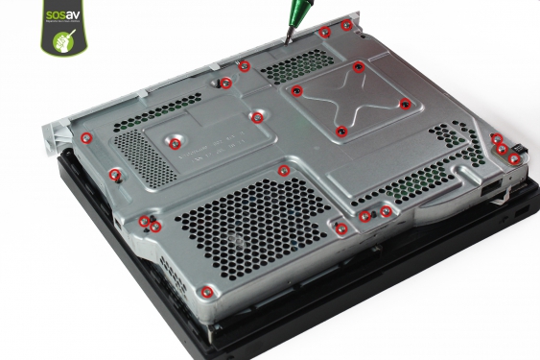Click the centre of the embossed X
tap(350, 98)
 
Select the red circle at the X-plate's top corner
tap(358, 66)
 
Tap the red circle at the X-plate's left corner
tap(297, 91)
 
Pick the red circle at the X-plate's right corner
tap(405, 104)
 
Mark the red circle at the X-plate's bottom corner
tap(340, 131)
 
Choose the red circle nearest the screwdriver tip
tap(324, 32)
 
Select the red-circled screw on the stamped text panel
tap(176, 143)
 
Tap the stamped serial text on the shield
tap(206, 149)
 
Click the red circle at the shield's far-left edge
tap(85, 137)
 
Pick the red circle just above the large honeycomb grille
tap(283, 171)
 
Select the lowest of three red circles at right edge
tap(514, 158)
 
